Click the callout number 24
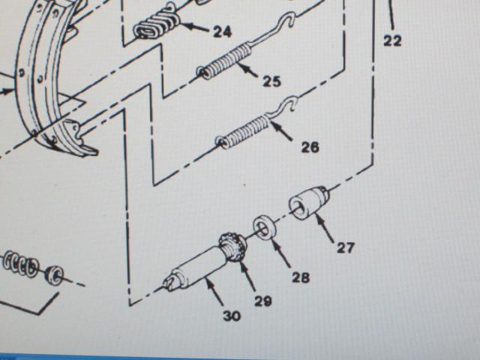(222, 31)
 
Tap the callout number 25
(271, 82)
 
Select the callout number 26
(310, 147)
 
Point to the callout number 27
(346, 247)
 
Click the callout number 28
(301, 277)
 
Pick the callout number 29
(263, 301)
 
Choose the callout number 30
(232, 316)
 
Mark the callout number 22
(392, 40)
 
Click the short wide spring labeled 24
(157, 23)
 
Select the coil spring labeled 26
(243, 133)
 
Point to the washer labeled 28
(263, 228)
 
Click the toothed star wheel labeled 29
(233, 247)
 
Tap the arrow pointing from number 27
(325, 228)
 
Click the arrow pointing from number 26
(281, 130)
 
